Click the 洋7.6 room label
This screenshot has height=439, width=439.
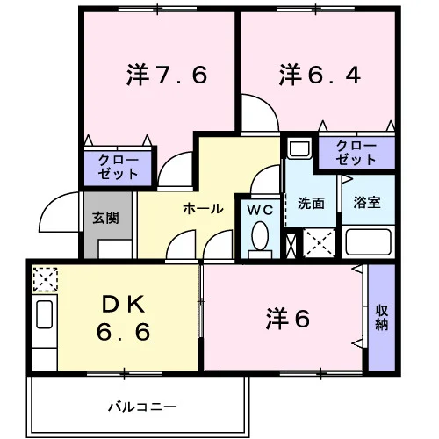click(x=167, y=75)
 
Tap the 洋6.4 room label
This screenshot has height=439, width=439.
click(x=320, y=75)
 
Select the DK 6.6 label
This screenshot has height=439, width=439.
click(x=124, y=318)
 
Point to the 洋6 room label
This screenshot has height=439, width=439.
click(x=288, y=319)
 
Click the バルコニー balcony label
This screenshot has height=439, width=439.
click(x=142, y=407)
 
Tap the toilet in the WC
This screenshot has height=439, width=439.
click(x=260, y=235)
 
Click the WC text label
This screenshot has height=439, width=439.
click(x=260, y=210)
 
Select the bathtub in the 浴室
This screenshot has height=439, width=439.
click(x=369, y=241)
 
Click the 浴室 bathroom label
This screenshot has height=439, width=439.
click(x=367, y=203)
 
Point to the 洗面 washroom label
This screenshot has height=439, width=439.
click(x=311, y=203)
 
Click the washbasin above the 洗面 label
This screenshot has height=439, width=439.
click(x=299, y=148)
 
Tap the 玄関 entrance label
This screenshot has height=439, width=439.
click(x=105, y=218)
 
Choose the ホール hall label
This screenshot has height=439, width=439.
click(x=203, y=209)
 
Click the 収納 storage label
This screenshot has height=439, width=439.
click(x=382, y=318)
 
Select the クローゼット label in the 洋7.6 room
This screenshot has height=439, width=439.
click(x=118, y=167)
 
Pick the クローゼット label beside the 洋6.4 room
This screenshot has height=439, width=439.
click(x=356, y=152)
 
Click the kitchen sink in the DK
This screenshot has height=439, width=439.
click(x=45, y=314)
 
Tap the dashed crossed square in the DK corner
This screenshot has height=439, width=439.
click(x=45, y=279)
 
